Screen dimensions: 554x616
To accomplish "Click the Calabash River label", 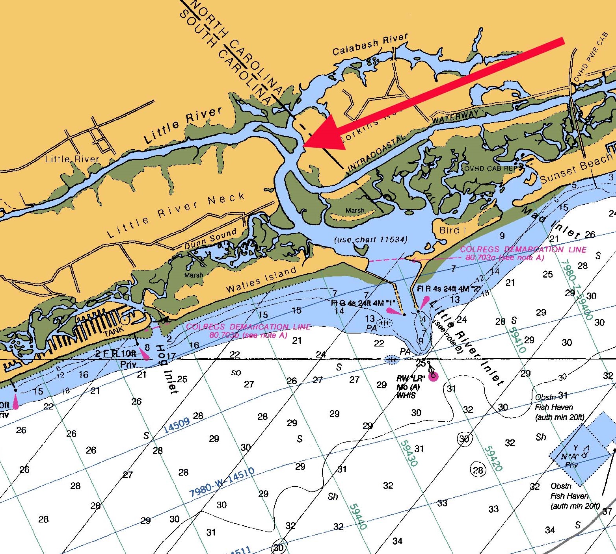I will tap(370, 44).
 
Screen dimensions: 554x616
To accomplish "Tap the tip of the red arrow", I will tap(304, 146).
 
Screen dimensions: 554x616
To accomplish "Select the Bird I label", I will tap(449, 230).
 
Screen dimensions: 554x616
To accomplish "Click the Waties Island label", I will tap(261, 280).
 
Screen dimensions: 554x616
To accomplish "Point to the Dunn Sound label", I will tap(210, 239).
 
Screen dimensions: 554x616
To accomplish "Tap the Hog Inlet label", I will tap(166, 369).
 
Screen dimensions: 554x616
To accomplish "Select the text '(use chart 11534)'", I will tap(370, 239).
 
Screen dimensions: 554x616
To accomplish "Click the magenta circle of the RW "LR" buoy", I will tap(433, 377).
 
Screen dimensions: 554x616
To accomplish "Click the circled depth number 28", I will tap(478, 470).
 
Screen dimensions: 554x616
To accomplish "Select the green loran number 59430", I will tap(409, 453).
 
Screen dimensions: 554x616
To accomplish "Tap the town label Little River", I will tap(72, 159).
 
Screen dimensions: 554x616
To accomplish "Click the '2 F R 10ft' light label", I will tap(115, 353).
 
